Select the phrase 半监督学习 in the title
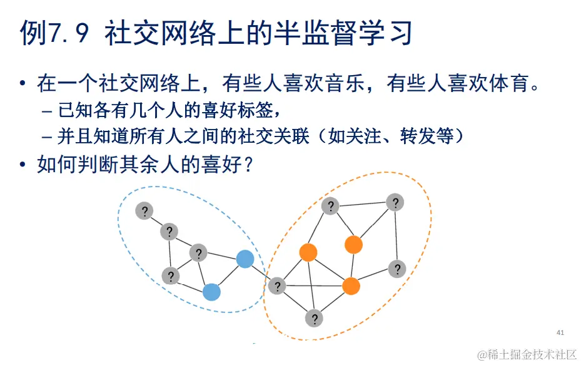tap(343, 33)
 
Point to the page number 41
tap(560, 332)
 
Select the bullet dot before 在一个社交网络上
tap(23, 84)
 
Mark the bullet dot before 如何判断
tap(23, 166)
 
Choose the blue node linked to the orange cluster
tap(245, 259)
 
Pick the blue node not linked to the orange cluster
tap(212, 292)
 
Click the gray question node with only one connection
tap(144, 211)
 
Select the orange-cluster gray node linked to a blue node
tap(276, 286)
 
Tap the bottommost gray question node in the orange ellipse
tap(315, 318)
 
